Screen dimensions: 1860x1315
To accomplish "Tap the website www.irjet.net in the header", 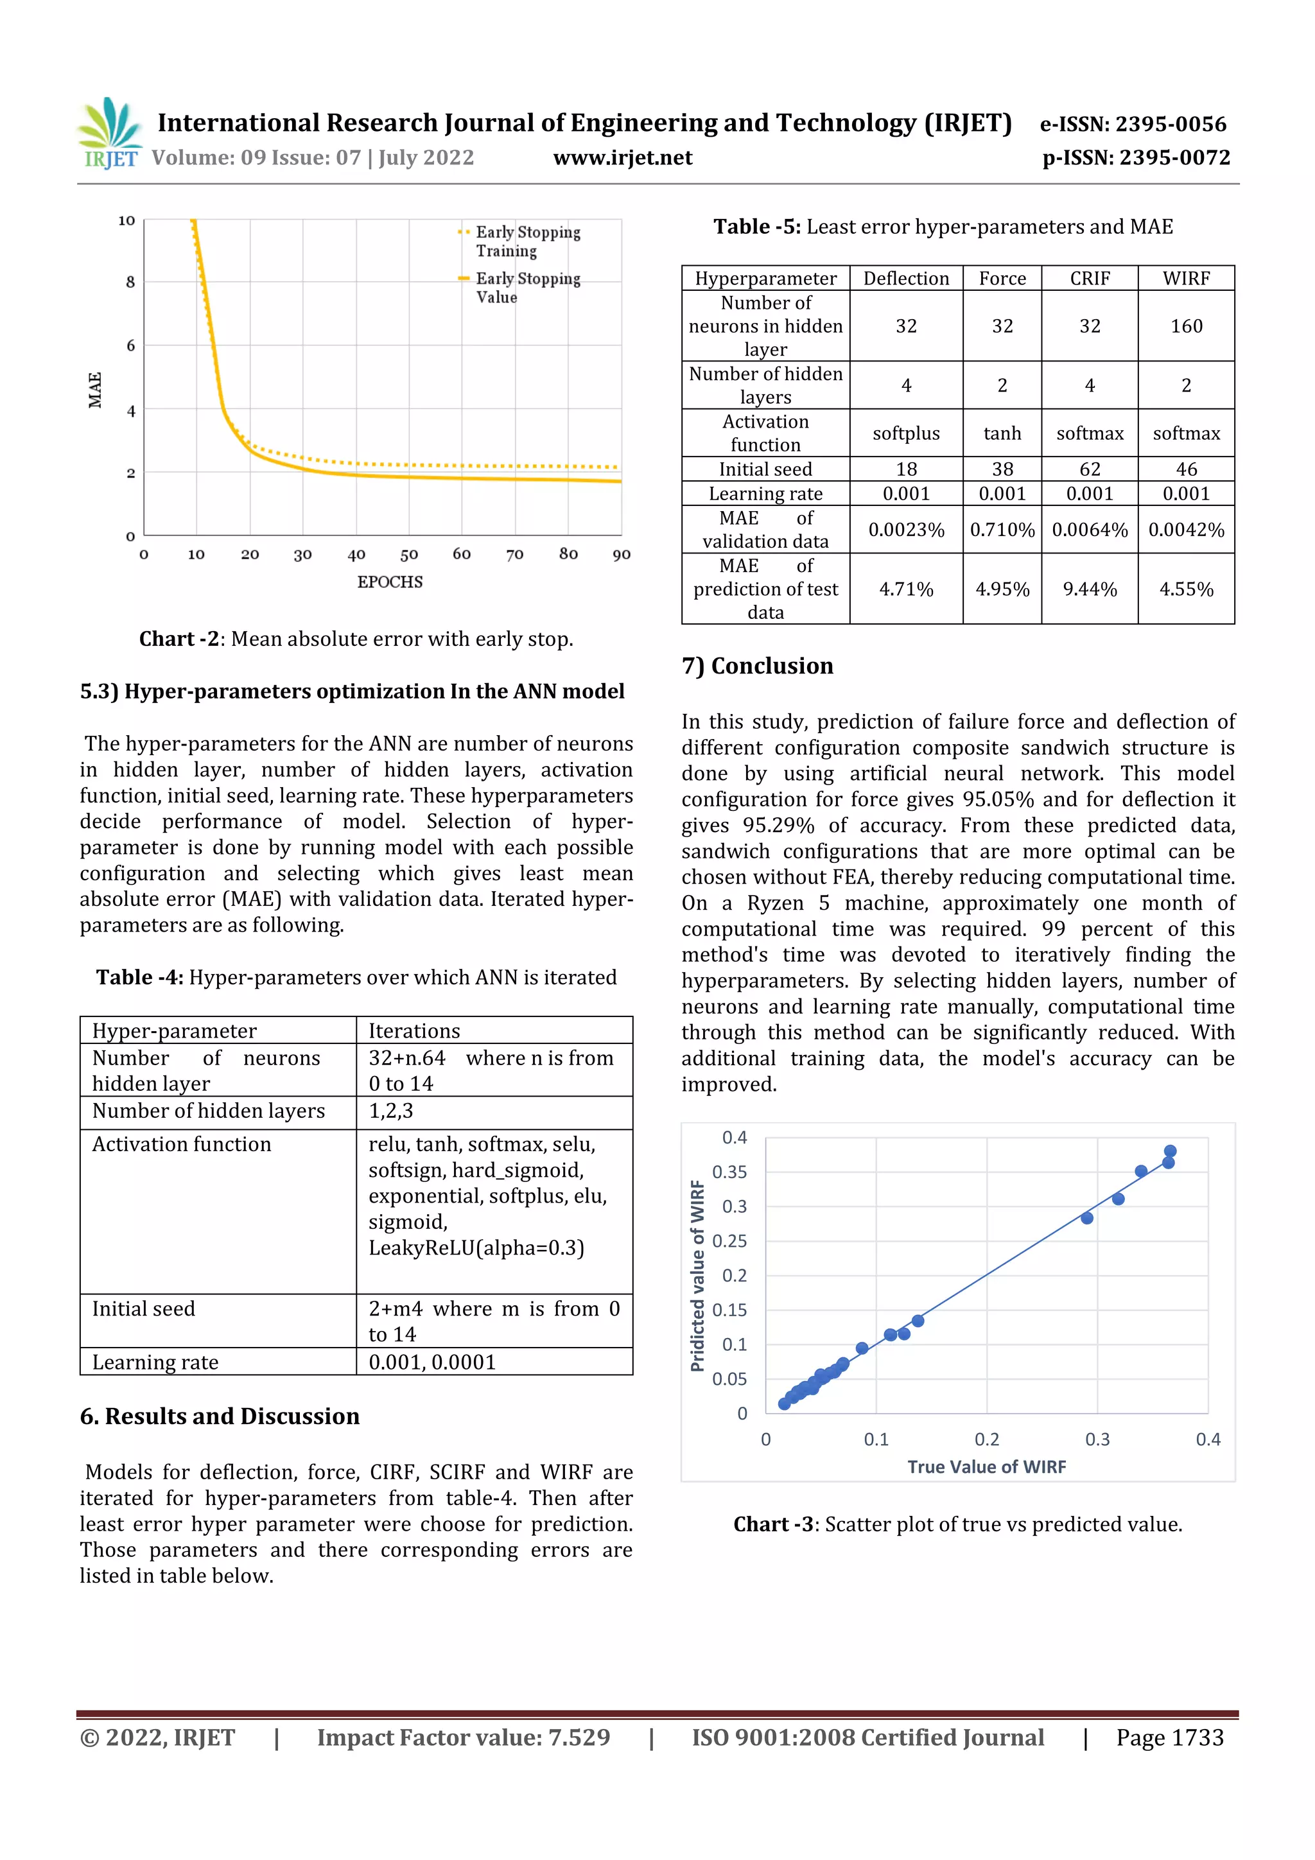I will (622, 158).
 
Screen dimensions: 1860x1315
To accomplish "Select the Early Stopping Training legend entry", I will (527, 241).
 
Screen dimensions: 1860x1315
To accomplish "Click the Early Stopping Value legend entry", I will (527, 288).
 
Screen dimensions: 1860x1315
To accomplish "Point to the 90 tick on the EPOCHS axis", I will (622, 555).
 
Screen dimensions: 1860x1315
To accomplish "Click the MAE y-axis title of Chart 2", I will (96, 390).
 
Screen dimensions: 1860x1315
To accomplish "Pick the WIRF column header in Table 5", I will (1185, 279).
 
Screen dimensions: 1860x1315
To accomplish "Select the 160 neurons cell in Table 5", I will (1185, 326).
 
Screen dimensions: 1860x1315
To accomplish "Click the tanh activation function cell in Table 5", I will (1002, 433).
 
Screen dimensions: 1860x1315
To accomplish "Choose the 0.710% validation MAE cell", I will (1002, 530).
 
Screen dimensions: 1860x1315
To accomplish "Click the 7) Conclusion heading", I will (757, 666).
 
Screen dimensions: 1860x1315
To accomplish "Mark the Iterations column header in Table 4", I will (414, 1030).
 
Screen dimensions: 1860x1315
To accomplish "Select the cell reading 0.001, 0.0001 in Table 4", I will (432, 1362).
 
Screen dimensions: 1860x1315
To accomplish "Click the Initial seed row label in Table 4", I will (143, 1309).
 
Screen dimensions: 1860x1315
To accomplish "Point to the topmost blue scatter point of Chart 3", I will (1170, 1151).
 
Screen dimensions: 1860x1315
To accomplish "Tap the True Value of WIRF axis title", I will (986, 1467).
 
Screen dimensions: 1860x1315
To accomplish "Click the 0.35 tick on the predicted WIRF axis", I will (729, 1172).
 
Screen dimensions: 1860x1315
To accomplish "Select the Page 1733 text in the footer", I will (1169, 1737).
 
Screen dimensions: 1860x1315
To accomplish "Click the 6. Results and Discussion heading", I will (220, 1416).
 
